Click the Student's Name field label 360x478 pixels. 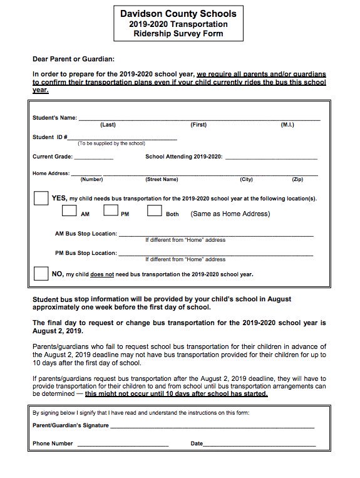point(54,118)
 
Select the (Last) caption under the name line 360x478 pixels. point(108,125)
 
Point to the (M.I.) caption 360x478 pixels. point(287,125)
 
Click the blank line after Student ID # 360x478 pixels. point(122,137)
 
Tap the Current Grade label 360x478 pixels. point(53,157)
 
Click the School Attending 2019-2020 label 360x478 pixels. point(183,157)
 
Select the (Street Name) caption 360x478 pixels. point(162,179)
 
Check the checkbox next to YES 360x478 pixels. point(41,198)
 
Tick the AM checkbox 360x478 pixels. point(69,211)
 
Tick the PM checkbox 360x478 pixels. point(111,211)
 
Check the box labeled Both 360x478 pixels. point(155,211)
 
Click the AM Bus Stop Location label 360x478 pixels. point(86,234)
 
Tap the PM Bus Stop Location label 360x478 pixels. point(86,253)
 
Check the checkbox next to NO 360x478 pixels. point(41,273)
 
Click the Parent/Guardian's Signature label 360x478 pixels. point(71,425)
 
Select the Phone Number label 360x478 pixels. point(53,443)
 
